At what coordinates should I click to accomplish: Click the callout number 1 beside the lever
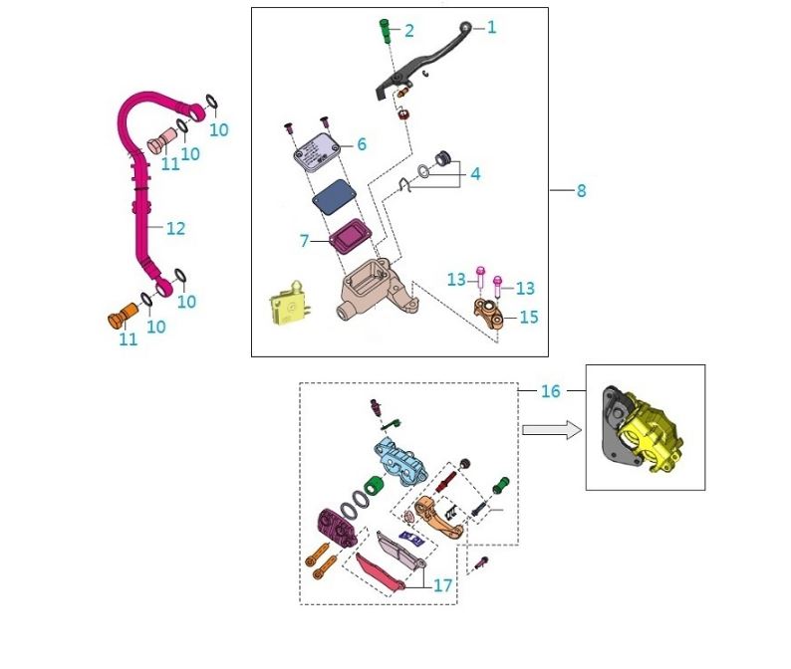tap(490, 28)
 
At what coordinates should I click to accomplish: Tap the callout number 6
tap(362, 144)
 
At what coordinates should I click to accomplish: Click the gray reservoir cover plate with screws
tap(318, 150)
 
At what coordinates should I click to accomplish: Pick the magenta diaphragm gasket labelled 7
tap(348, 237)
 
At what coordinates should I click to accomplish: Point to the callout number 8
tap(582, 190)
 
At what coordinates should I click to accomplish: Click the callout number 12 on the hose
tap(175, 228)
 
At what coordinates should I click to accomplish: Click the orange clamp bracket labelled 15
tap(491, 316)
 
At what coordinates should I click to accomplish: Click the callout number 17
tap(442, 586)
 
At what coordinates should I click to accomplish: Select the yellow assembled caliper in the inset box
tap(643, 432)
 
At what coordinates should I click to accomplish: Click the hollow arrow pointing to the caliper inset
tap(551, 429)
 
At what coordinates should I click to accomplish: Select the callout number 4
tap(475, 174)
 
